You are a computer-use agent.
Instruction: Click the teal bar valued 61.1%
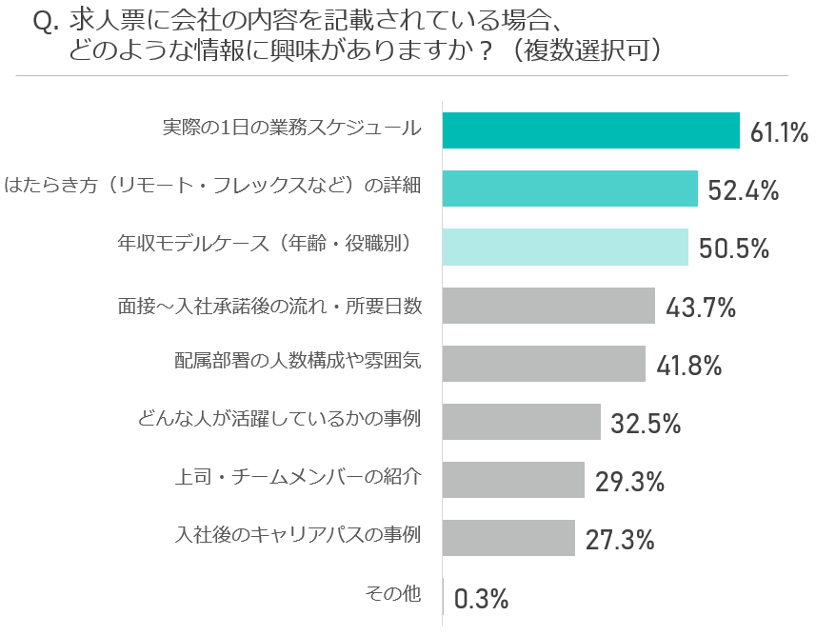pyautogui.click(x=590, y=130)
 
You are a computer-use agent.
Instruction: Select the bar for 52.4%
pyautogui.click(x=569, y=189)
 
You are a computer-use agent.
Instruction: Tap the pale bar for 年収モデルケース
pyautogui.click(x=565, y=247)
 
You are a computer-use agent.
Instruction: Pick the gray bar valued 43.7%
pyautogui.click(x=548, y=306)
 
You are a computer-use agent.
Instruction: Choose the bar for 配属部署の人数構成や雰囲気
pyautogui.click(x=544, y=364)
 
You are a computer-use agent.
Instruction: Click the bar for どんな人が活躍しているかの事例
pyautogui.click(x=521, y=422)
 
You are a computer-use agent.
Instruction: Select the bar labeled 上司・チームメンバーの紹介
pyautogui.click(x=513, y=480)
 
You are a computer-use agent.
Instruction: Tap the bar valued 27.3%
pyautogui.click(x=508, y=538)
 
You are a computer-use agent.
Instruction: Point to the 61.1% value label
pyautogui.click(x=779, y=132)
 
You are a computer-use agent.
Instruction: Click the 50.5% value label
pyautogui.click(x=733, y=248)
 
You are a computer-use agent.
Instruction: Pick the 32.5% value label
pyautogui.click(x=646, y=424)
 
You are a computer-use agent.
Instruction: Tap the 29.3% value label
pyautogui.click(x=629, y=482)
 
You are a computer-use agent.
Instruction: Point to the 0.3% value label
pyautogui.click(x=481, y=599)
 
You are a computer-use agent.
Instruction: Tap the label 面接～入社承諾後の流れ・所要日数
pyautogui.click(x=269, y=306)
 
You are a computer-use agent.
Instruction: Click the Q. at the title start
pyautogui.click(x=47, y=23)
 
